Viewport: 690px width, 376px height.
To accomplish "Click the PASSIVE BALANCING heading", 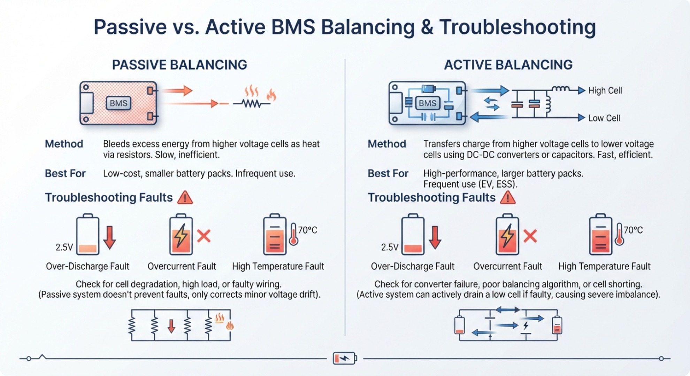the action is pyautogui.click(x=179, y=65).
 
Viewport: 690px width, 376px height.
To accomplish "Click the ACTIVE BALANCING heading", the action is pyautogui.click(x=508, y=65).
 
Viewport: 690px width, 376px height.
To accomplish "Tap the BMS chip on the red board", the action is pyautogui.click(x=118, y=103).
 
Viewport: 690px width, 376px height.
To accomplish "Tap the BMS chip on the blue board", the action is pyautogui.click(x=428, y=103).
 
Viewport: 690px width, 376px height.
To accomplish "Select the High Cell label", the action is pyautogui.click(x=605, y=91).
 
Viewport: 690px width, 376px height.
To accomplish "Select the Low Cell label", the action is pyautogui.click(x=604, y=118).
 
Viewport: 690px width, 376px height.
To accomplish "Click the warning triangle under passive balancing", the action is pyautogui.click(x=185, y=197).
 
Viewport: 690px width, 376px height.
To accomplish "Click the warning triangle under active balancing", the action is pyautogui.click(x=508, y=197).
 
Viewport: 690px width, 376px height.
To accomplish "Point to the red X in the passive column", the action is pyautogui.click(x=204, y=236).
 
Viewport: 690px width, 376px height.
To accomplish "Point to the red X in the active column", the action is pyautogui.click(x=530, y=236).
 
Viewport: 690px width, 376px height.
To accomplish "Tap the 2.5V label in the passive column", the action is pyautogui.click(x=64, y=247).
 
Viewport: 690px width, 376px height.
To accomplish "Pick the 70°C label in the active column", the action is pyautogui.click(x=633, y=230).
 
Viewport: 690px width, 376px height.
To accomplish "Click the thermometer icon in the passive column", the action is pyautogui.click(x=293, y=234).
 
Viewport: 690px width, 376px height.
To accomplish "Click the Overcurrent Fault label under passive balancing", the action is pyautogui.click(x=182, y=266).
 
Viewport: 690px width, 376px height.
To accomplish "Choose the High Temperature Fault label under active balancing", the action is pyautogui.click(x=604, y=266).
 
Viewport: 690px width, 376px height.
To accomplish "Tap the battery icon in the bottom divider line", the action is pyautogui.click(x=345, y=358).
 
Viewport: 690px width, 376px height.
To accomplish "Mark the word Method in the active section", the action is pyautogui.click(x=387, y=144).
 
